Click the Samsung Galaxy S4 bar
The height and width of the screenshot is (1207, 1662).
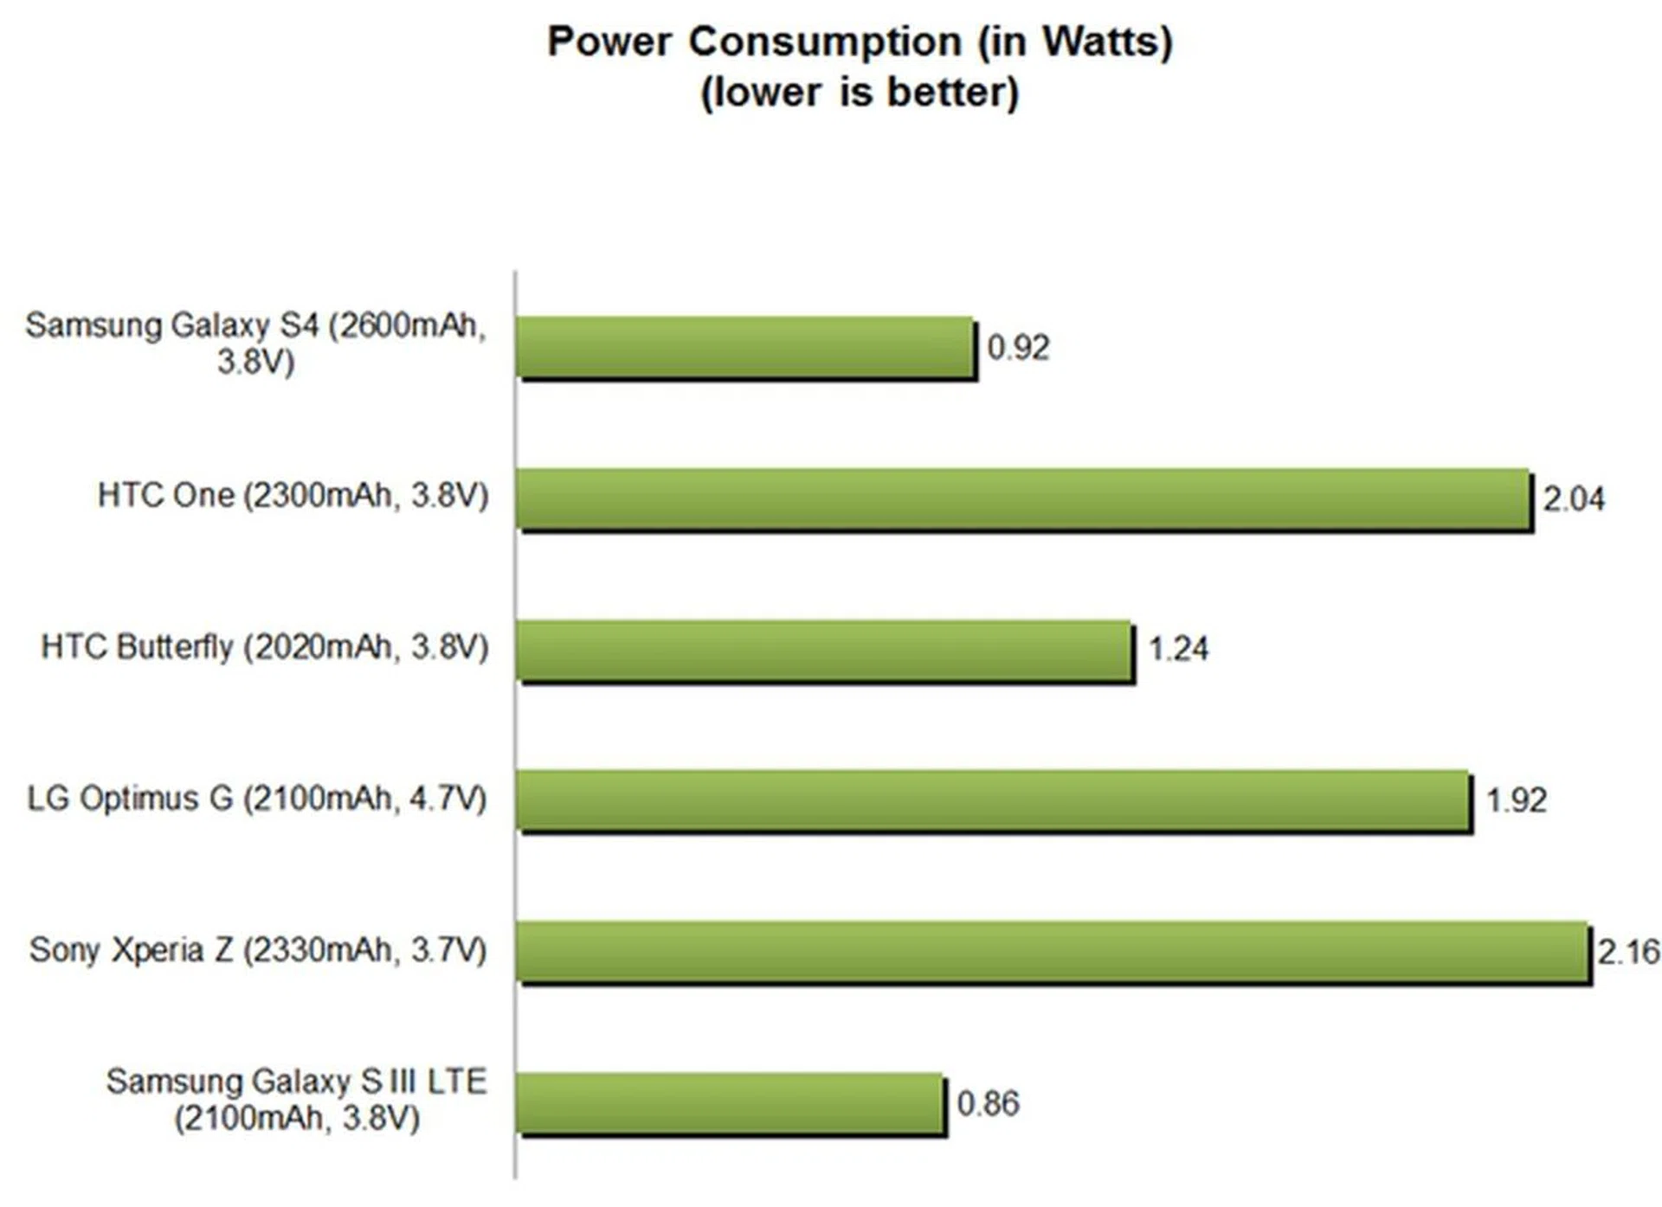click(x=746, y=347)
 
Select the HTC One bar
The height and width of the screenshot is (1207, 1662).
click(x=1023, y=498)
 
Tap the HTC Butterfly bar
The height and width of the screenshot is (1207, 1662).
click(x=824, y=650)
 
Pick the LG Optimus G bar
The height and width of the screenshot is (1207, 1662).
click(x=994, y=800)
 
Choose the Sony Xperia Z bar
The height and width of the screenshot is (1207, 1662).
click(x=1053, y=952)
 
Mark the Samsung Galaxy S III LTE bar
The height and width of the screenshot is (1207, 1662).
click(x=730, y=1103)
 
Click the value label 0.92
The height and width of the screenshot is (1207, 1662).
click(x=1018, y=348)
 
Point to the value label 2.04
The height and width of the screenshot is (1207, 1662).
click(x=1574, y=499)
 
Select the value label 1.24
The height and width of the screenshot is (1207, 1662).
click(x=1178, y=649)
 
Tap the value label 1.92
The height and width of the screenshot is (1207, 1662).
click(x=1517, y=800)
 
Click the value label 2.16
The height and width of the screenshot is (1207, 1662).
click(x=1628, y=952)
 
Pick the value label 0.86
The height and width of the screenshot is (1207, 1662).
click(x=988, y=1103)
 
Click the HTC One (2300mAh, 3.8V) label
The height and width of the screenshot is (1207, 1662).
click(x=293, y=496)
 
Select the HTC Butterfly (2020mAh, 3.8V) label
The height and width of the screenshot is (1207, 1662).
click(x=265, y=647)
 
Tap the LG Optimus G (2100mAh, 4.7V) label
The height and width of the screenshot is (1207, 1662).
click(x=257, y=799)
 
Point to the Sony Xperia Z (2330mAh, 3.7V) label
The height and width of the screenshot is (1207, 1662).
click(x=258, y=950)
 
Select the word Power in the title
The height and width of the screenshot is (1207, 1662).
click(x=609, y=41)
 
